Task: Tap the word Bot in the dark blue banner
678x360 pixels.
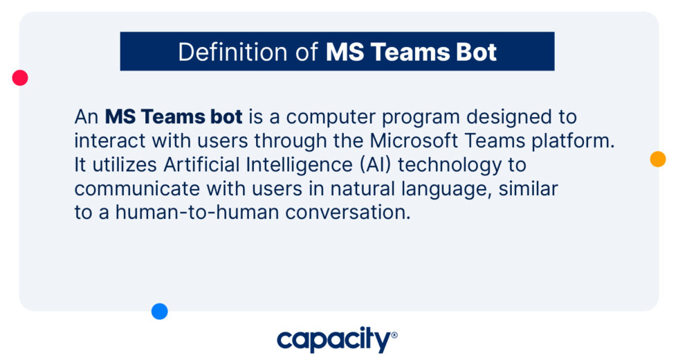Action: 476,53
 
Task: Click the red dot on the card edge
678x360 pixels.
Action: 20,78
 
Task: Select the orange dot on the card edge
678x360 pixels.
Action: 658,159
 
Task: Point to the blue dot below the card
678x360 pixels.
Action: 160,312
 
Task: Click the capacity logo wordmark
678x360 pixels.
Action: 333,340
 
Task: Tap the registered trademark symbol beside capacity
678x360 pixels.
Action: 394,336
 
